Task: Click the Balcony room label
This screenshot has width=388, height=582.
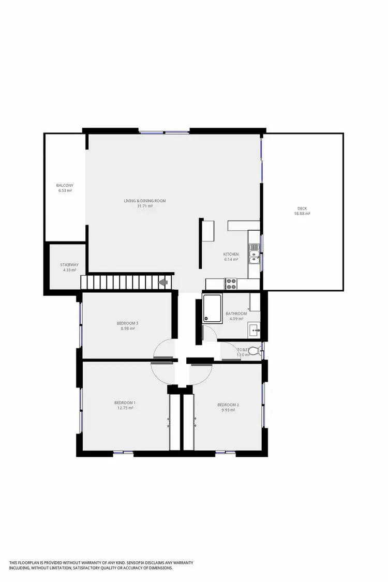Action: coord(65,185)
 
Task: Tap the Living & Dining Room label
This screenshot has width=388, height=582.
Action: coord(144,201)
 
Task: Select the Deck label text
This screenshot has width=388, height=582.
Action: coord(303,208)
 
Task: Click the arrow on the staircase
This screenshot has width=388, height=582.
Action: coord(163,282)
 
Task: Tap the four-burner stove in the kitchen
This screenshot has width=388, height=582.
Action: coord(231,283)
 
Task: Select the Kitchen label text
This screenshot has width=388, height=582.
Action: coord(231,254)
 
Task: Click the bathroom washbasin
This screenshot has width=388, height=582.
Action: coord(254,329)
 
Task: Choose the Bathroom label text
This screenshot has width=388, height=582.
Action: coord(236,314)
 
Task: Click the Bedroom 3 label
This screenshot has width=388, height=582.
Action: coord(127,323)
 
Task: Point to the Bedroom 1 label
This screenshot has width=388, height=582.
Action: coord(125,402)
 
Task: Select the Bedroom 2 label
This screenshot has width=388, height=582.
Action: coord(228,405)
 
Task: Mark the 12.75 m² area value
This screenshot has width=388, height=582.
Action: coord(125,408)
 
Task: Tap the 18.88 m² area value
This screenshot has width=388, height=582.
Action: coord(303,214)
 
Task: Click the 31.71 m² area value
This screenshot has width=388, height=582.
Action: coord(144,206)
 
